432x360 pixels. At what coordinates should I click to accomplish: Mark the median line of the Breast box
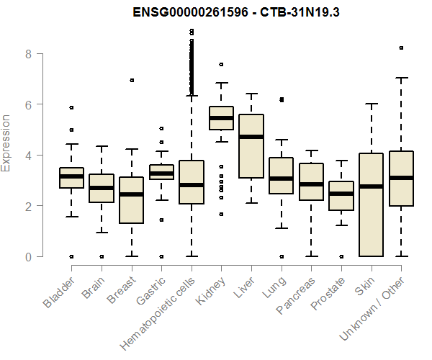pos(131,194)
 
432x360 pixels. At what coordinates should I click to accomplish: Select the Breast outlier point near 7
pos(131,80)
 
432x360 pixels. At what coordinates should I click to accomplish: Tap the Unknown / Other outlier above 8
pos(401,48)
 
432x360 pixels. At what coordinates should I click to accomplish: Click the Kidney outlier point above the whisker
pos(220,65)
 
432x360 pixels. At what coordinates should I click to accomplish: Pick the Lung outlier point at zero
pos(281,256)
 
